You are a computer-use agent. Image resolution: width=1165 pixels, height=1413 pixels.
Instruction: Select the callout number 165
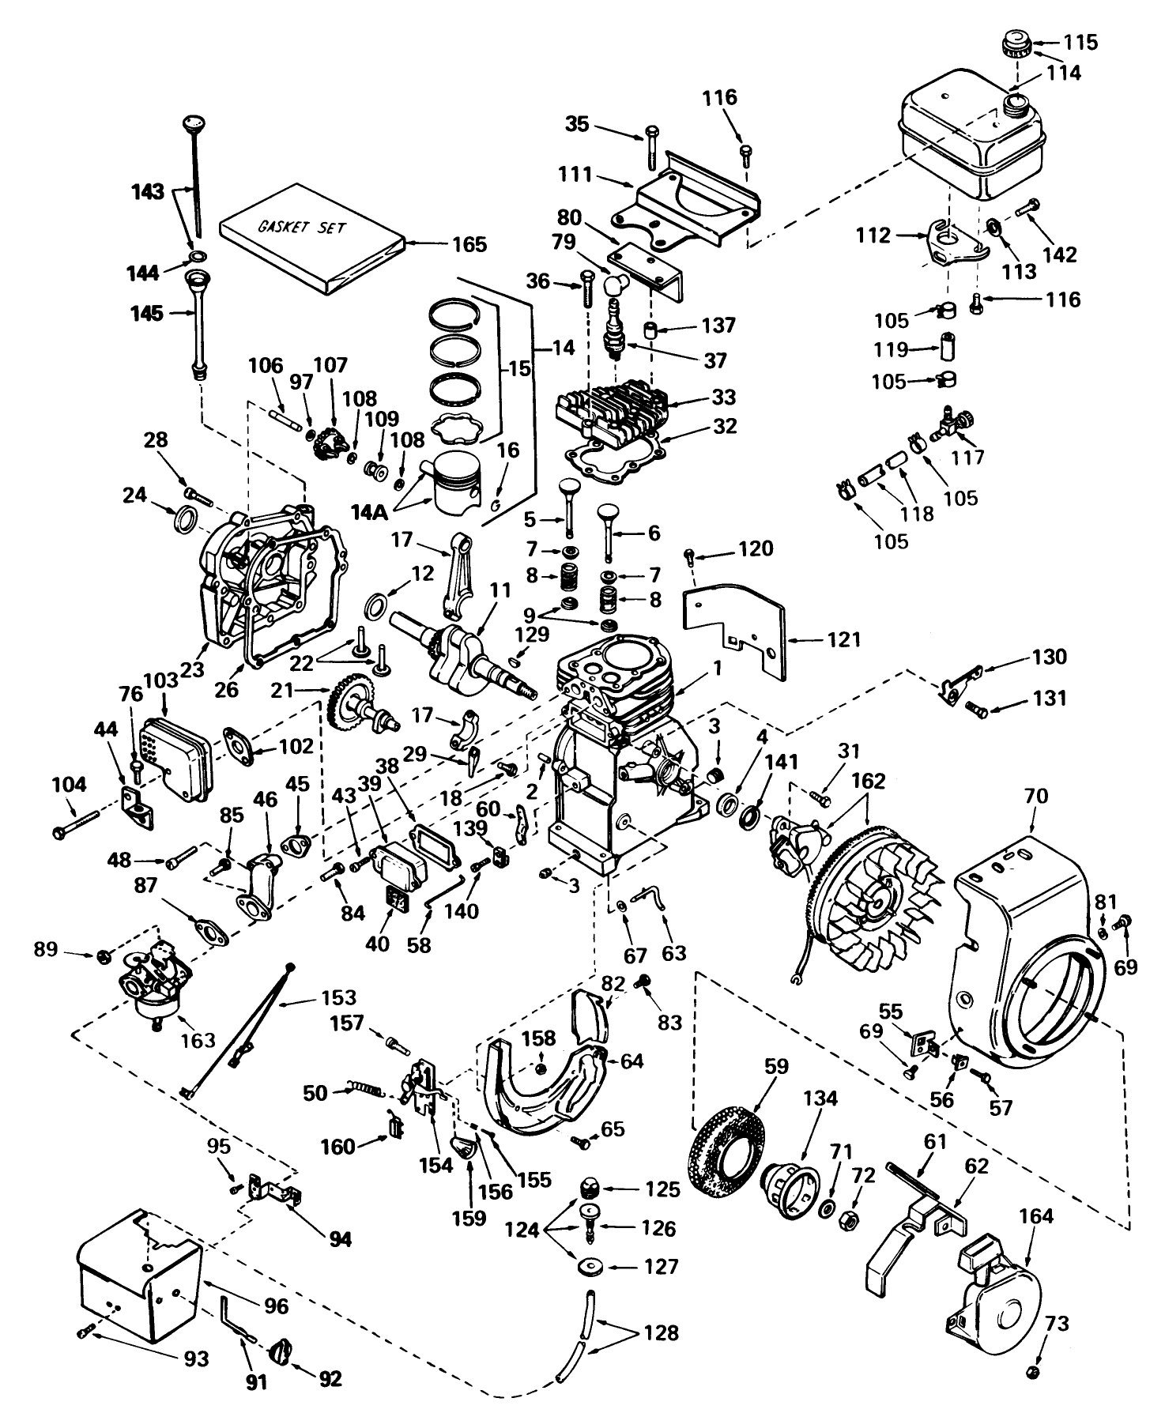(469, 244)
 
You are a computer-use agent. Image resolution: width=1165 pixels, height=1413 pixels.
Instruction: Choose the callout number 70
(1035, 796)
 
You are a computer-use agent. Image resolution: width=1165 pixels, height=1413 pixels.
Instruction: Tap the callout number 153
(338, 998)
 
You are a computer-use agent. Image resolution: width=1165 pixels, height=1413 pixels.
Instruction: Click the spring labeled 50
(364, 1092)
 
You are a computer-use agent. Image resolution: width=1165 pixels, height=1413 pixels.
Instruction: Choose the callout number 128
(661, 1333)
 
